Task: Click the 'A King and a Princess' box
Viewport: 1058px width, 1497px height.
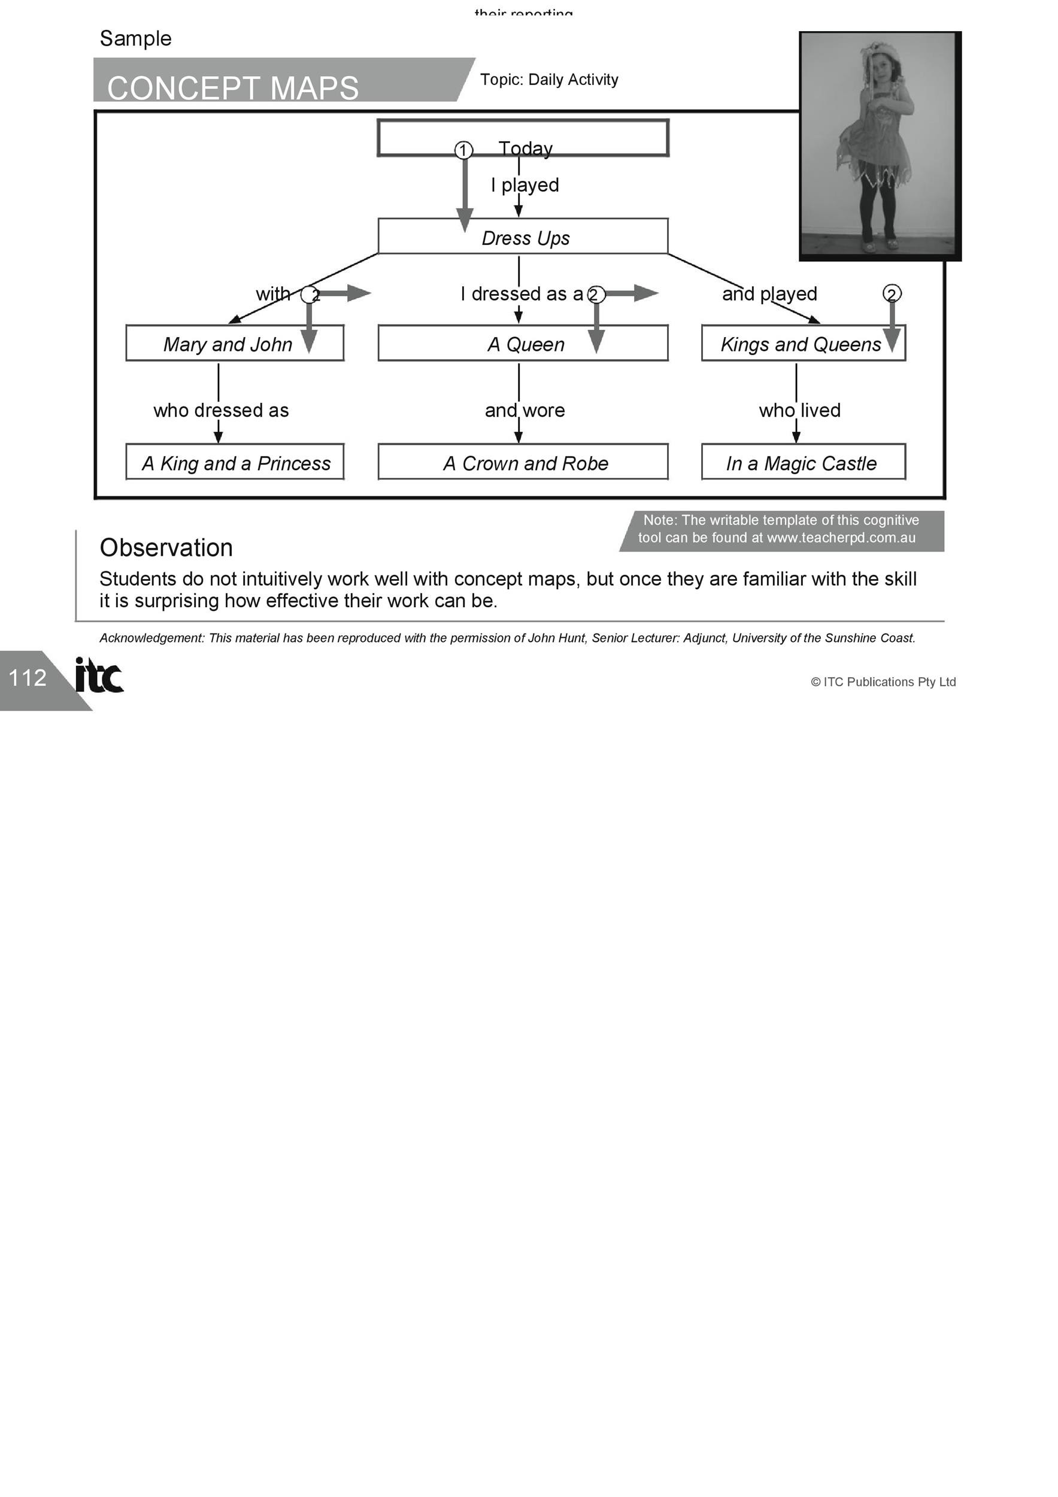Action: (235, 462)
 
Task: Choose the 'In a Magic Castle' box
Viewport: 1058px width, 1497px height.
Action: (803, 462)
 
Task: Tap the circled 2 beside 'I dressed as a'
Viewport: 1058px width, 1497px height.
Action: (596, 295)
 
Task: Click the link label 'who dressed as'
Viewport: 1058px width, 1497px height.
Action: (221, 410)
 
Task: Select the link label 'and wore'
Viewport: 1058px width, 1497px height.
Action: (525, 410)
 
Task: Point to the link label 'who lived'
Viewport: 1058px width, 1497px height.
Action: (799, 410)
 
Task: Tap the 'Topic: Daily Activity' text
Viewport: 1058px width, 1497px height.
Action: (549, 80)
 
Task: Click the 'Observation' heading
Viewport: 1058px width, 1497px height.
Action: (166, 548)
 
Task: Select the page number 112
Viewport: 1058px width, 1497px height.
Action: (28, 677)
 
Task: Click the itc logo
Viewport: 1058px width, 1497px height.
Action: (98, 675)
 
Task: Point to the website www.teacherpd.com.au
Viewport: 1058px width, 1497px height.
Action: (841, 538)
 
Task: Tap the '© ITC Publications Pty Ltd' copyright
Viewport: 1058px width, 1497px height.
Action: (883, 682)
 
